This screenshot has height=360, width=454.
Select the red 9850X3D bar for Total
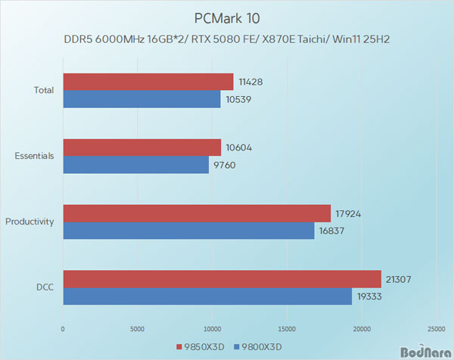coord(148,82)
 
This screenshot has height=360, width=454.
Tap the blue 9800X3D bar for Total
coord(141,99)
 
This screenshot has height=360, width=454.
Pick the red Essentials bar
coord(142,147)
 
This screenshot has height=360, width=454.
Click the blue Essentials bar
coord(135,165)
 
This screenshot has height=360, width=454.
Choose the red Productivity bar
coord(197,213)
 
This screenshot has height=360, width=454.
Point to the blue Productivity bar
coord(188,231)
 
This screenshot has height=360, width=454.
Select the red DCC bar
coord(222,278)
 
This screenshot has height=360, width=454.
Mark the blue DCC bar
coord(207,296)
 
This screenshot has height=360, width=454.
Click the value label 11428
coord(250,82)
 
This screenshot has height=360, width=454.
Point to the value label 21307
coord(397,278)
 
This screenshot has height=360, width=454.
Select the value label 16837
coord(330,231)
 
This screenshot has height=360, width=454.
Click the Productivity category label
coord(30,222)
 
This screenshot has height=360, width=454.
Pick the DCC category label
coord(45,287)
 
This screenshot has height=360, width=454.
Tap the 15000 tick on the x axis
coord(287,329)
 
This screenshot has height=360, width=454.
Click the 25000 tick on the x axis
coord(436,329)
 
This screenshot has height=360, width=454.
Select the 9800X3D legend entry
coord(260,347)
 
